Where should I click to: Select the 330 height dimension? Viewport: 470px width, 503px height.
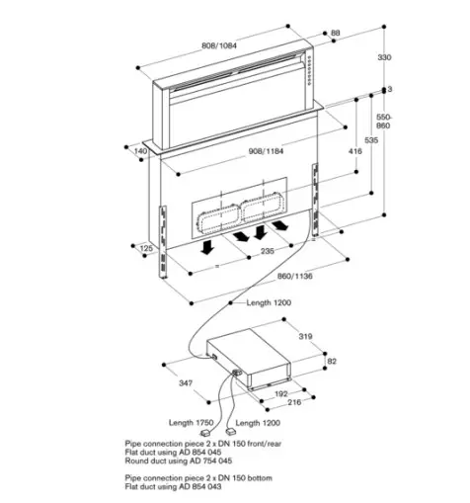[x=384, y=58]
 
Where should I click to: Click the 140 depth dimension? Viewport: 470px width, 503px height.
[x=140, y=151]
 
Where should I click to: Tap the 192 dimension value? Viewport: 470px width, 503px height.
[x=280, y=393]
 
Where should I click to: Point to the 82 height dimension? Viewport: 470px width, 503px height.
[x=332, y=362]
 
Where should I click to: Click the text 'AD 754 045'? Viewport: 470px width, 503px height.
[x=215, y=461]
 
